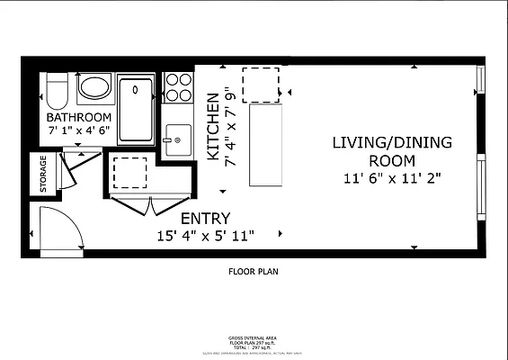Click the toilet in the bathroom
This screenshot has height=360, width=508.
55,90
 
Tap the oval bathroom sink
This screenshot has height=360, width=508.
94,88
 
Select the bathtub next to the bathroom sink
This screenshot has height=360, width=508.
137,110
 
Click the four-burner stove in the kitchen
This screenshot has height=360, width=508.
179,87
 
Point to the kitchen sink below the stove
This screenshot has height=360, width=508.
178,139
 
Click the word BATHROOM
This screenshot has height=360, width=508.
79,118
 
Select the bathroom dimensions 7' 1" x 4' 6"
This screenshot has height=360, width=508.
79,131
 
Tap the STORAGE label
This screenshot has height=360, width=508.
41,175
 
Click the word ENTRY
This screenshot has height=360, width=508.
205,219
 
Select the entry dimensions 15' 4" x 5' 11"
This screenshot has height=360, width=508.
205,236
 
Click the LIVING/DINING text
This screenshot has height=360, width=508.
392,142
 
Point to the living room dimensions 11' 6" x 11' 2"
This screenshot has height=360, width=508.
392,177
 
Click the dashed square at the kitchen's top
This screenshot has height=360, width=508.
261,85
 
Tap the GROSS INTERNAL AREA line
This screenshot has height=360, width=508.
253,337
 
